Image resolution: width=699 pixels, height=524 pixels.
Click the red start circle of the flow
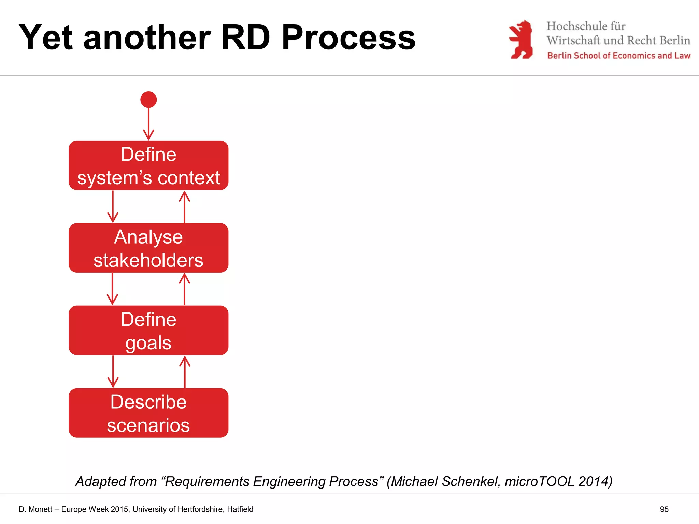point(148,100)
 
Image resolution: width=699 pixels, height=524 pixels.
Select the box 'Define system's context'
point(148,165)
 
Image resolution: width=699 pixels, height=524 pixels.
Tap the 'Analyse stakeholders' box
point(148,248)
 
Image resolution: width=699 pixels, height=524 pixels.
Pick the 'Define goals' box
point(148,331)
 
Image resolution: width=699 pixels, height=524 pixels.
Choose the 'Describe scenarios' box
point(148,413)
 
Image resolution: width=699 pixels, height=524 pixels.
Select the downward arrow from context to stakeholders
point(113,207)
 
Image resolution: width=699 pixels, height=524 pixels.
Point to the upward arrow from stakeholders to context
point(185,207)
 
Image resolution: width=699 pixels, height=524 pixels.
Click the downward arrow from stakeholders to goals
point(113,289)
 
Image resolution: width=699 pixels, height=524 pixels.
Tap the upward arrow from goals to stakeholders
point(185,289)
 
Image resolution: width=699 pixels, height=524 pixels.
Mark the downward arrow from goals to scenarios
point(113,372)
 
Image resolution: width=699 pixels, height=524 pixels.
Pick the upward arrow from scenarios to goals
point(185,372)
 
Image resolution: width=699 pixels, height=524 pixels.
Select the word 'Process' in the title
point(348,38)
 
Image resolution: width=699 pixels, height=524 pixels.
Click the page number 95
point(664,509)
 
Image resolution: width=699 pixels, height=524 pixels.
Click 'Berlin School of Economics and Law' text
point(618,56)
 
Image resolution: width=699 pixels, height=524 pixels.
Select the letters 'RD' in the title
point(246,38)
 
